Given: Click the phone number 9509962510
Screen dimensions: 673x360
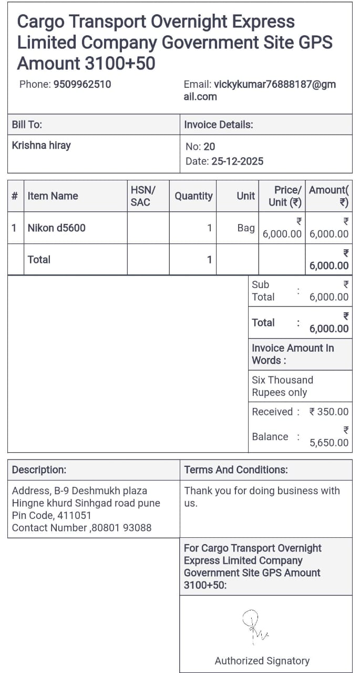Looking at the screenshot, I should [x=82, y=84].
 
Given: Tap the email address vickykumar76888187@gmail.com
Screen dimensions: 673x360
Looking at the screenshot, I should [x=260, y=90].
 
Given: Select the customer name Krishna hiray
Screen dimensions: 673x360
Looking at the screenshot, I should [x=41, y=145].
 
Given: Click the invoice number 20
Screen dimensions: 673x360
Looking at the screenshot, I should [x=209, y=147].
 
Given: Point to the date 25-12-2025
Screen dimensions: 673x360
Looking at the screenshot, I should [x=237, y=161].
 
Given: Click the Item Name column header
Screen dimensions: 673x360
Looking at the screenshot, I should [x=53, y=196].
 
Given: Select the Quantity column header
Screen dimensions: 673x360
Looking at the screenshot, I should [x=193, y=196].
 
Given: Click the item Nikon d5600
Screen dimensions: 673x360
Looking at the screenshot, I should [x=56, y=228].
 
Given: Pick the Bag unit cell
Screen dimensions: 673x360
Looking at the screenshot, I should [x=245, y=228].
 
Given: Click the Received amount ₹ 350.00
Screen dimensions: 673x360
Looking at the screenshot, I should [x=328, y=412].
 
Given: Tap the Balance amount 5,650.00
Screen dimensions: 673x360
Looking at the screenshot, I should [x=328, y=443].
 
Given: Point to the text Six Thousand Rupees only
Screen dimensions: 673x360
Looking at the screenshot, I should [x=282, y=386].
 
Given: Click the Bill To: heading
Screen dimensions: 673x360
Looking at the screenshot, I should [x=27, y=125].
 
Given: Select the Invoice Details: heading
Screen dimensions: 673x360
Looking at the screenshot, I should [x=218, y=125].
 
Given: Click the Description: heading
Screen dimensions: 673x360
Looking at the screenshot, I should [x=39, y=470].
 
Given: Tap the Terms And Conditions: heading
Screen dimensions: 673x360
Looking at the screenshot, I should [x=235, y=470].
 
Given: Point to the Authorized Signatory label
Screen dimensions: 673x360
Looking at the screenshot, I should [x=262, y=661].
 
